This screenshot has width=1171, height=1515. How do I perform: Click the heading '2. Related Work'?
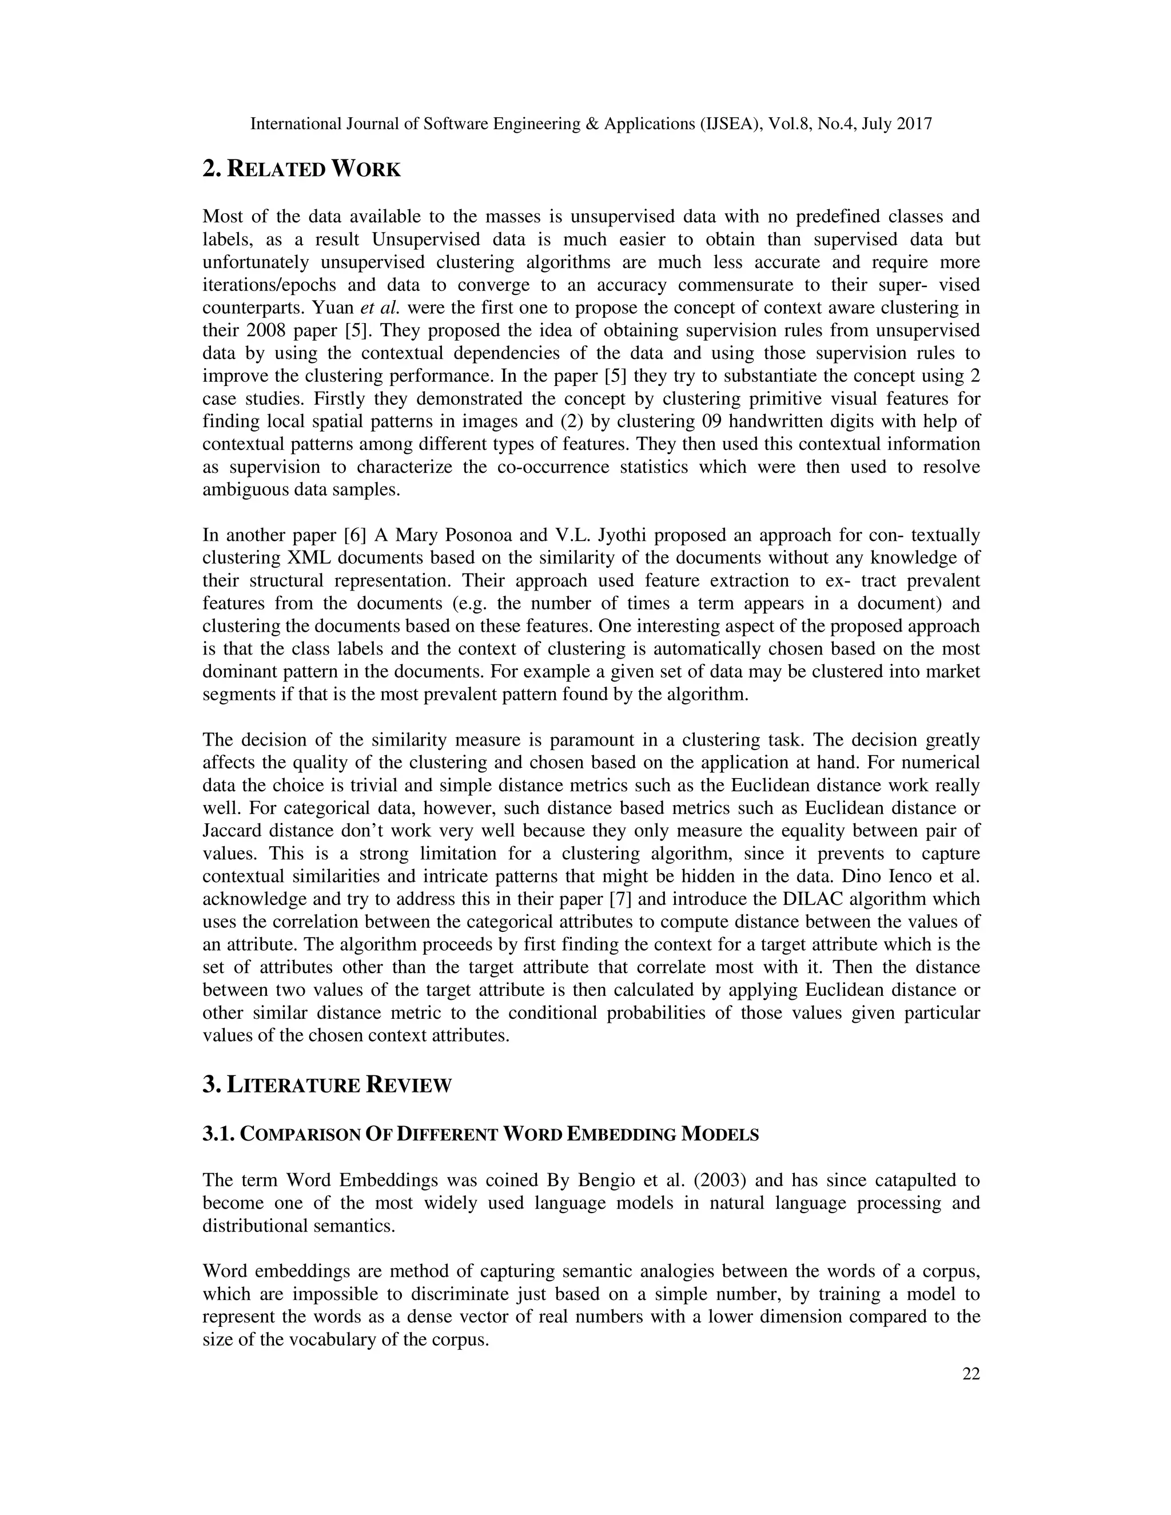point(301,169)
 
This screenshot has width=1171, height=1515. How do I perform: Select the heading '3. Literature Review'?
point(326,1085)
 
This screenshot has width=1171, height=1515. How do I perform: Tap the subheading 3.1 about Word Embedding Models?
point(480,1135)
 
